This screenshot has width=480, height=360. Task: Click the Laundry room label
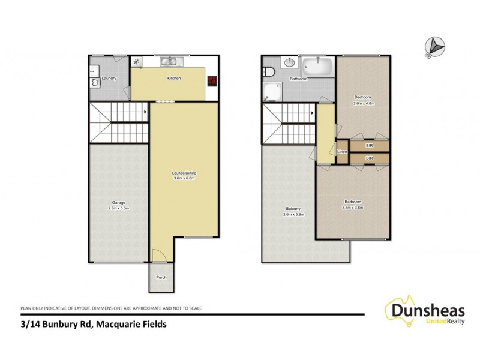109,79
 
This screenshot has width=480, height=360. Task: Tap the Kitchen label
174,79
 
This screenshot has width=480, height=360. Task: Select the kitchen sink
169,61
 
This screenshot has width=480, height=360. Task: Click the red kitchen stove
212,81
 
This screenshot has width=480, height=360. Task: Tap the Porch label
161,277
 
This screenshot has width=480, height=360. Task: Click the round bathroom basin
289,62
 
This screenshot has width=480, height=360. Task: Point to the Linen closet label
342,152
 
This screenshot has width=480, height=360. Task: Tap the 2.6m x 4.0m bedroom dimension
362,103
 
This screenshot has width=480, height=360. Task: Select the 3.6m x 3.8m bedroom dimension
353,208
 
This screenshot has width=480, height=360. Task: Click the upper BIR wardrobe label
370,145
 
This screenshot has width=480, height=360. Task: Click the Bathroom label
299,79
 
